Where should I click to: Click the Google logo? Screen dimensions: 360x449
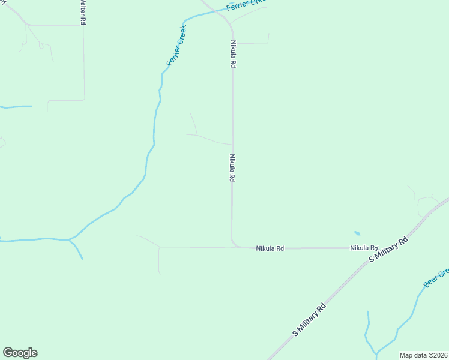click(20, 353)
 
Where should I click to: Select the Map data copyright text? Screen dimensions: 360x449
click(423, 355)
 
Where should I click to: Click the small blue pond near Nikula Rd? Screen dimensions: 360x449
click(357, 233)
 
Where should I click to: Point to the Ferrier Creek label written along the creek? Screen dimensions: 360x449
click(176, 46)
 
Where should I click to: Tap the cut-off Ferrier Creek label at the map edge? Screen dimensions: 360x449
click(246, 5)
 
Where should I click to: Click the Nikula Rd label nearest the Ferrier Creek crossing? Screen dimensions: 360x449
click(232, 54)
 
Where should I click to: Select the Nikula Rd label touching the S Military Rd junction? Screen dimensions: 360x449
click(364, 248)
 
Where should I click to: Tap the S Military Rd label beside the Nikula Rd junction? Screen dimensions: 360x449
click(388, 249)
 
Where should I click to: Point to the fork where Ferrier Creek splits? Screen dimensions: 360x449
click(70, 240)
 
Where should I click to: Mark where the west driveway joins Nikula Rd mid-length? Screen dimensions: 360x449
click(232, 145)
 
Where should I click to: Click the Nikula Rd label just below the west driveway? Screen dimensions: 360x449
click(231, 168)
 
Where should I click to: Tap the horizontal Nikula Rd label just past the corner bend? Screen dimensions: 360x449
click(270, 248)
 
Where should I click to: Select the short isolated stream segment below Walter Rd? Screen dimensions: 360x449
click(16, 107)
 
